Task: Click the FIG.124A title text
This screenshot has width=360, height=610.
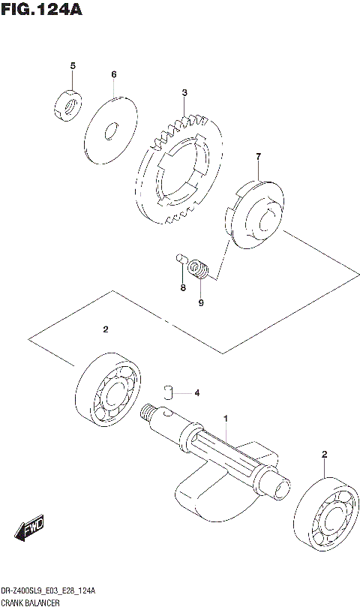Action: pyautogui.click(x=41, y=10)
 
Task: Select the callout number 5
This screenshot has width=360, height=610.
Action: pyautogui.click(x=73, y=66)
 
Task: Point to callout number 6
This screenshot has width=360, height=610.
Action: pyautogui.click(x=114, y=74)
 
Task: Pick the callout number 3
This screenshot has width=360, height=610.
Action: pyautogui.click(x=184, y=93)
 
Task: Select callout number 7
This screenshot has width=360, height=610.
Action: pyautogui.click(x=258, y=156)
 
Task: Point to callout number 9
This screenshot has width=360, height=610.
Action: pyautogui.click(x=201, y=303)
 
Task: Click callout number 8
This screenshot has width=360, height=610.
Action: pyautogui.click(x=181, y=288)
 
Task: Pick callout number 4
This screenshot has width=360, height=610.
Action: pyautogui.click(x=196, y=392)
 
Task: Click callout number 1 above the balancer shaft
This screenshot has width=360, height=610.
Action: pyautogui.click(x=225, y=417)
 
